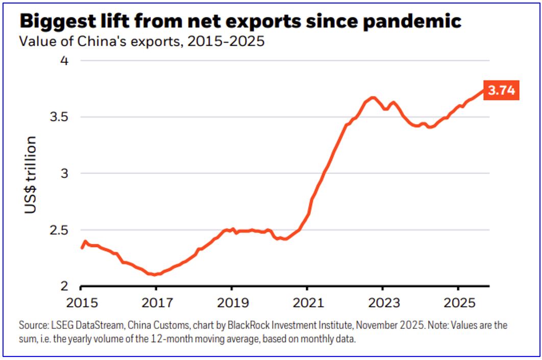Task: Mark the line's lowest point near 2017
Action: click(153, 275)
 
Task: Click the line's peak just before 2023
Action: click(373, 97)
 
